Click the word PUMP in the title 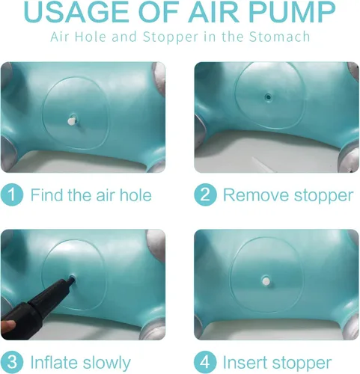coord(293,12)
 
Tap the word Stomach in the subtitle coord(279,37)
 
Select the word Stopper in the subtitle coord(171,37)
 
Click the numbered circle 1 coord(12,194)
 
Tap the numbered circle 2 coord(205,194)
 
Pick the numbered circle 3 coord(12,362)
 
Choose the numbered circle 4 coord(205,362)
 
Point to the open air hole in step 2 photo coord(268,96)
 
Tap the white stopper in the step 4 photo coord(266,281)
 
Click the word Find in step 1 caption coord(47,194)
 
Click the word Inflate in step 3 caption coord(54,362)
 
